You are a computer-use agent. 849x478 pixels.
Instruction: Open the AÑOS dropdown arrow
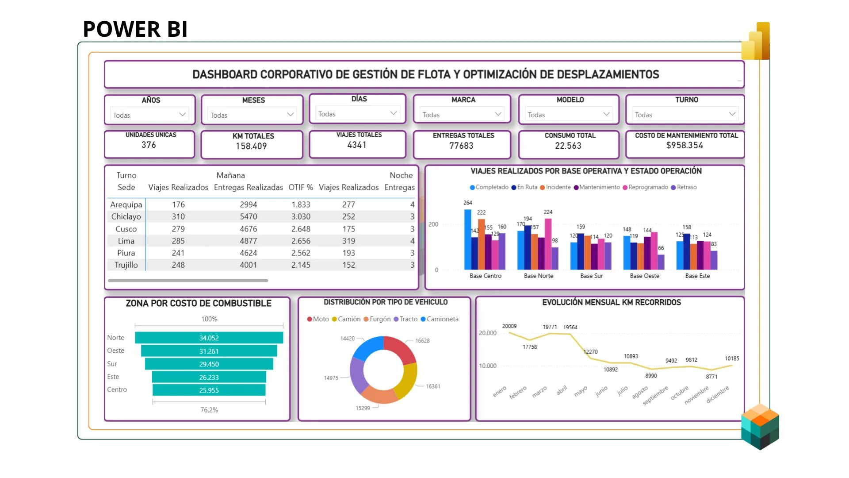182,115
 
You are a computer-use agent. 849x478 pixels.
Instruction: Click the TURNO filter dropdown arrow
732,114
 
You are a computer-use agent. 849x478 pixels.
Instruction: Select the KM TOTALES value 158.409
251,146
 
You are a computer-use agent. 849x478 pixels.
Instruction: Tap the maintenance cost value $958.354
685,145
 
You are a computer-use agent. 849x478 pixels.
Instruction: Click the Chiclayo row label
126,216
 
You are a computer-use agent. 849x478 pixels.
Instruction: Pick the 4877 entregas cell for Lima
248,241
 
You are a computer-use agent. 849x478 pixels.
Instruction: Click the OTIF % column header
301,187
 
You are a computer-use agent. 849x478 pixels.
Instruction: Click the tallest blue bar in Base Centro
467,239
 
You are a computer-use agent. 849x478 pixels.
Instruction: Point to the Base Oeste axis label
644,276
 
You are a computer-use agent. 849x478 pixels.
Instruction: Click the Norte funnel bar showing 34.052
209,338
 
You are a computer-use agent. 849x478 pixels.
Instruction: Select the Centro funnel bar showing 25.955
209,390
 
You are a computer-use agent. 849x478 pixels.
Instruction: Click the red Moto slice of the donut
399,350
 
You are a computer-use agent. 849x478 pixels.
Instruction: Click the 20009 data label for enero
509,326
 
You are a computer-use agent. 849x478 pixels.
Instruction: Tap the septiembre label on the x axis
655,395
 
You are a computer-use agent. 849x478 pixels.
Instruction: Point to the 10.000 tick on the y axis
487,366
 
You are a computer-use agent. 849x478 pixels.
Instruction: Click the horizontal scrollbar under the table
188,281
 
